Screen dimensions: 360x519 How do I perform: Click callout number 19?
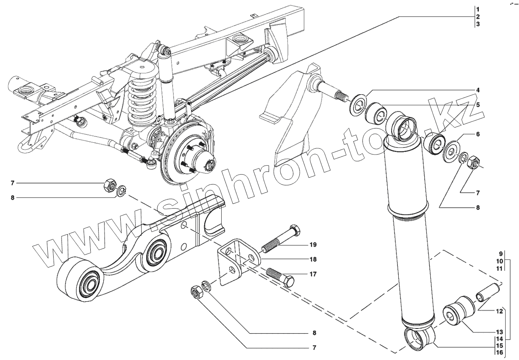(313, 245)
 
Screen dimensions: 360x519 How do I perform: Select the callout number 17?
(313, 274)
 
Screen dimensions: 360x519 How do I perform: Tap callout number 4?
(478, 90)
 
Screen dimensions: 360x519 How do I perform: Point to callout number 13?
(499, 332)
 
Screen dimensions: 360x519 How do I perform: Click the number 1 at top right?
(477, 9)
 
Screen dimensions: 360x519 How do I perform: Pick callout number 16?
(499, 352)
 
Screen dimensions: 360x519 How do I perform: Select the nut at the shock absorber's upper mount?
(473, 162)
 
